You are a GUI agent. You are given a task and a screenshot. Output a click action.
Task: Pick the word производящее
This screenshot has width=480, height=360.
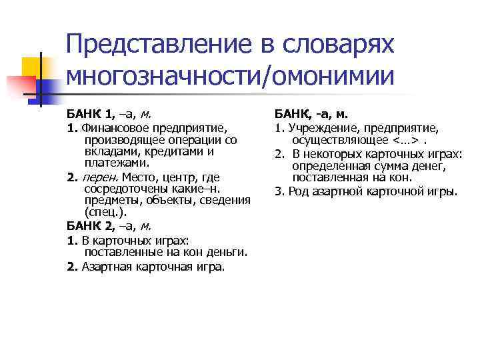click(123, 139)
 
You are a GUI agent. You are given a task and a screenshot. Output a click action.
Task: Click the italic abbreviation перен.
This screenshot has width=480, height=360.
click(97, 177)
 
